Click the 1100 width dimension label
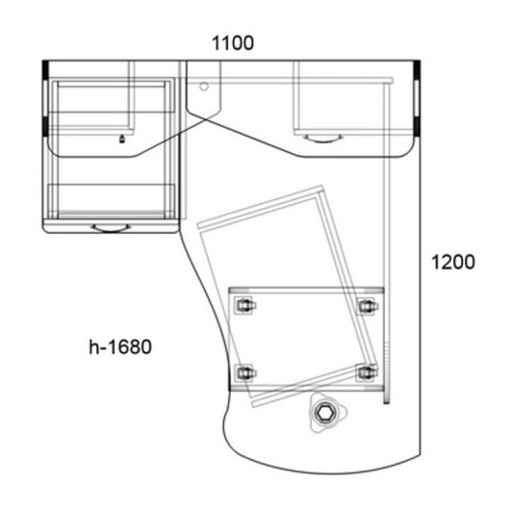pos(233,43)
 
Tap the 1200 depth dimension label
pos(453,262)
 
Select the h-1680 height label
pos(120,346)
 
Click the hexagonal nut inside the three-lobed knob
pos(324,413)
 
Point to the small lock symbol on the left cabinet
pos(122,140)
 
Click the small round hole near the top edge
pos(204,87)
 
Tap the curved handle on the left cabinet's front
pos(111,228)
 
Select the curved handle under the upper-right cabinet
pos(323,140)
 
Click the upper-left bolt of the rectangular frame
pos(245,305)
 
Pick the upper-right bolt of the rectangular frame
pos(368,306)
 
